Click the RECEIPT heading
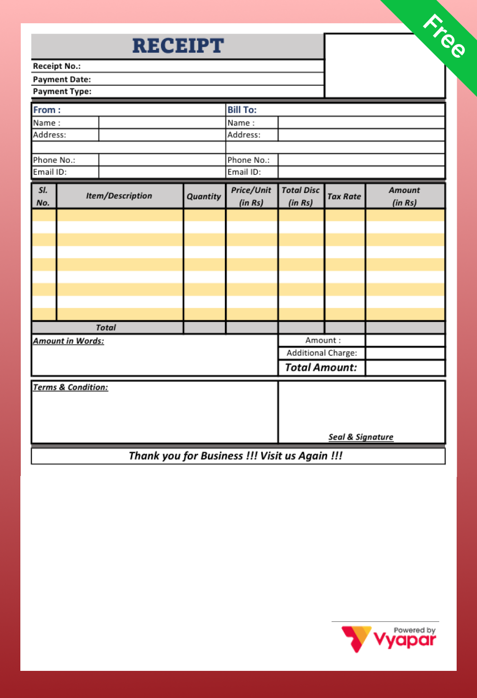point(178,46)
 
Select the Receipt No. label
point(57,66)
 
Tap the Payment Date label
point(62,79)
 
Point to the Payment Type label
point(62,92)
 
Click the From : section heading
point(47,110)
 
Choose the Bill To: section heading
point(242,110)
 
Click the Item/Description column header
point(119,196)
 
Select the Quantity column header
point(204,196)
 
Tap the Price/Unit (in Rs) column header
point(251,196)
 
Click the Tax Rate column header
point(344,196)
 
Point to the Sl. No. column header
point(43,196)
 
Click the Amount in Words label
point(68,341)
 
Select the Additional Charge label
point(321,353)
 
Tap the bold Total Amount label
point(321,367)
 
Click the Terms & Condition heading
point(70,387)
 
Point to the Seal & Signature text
point(361,437)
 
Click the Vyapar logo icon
point(356,638)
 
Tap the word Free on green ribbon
point(444,36)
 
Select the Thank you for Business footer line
point(236,456)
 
